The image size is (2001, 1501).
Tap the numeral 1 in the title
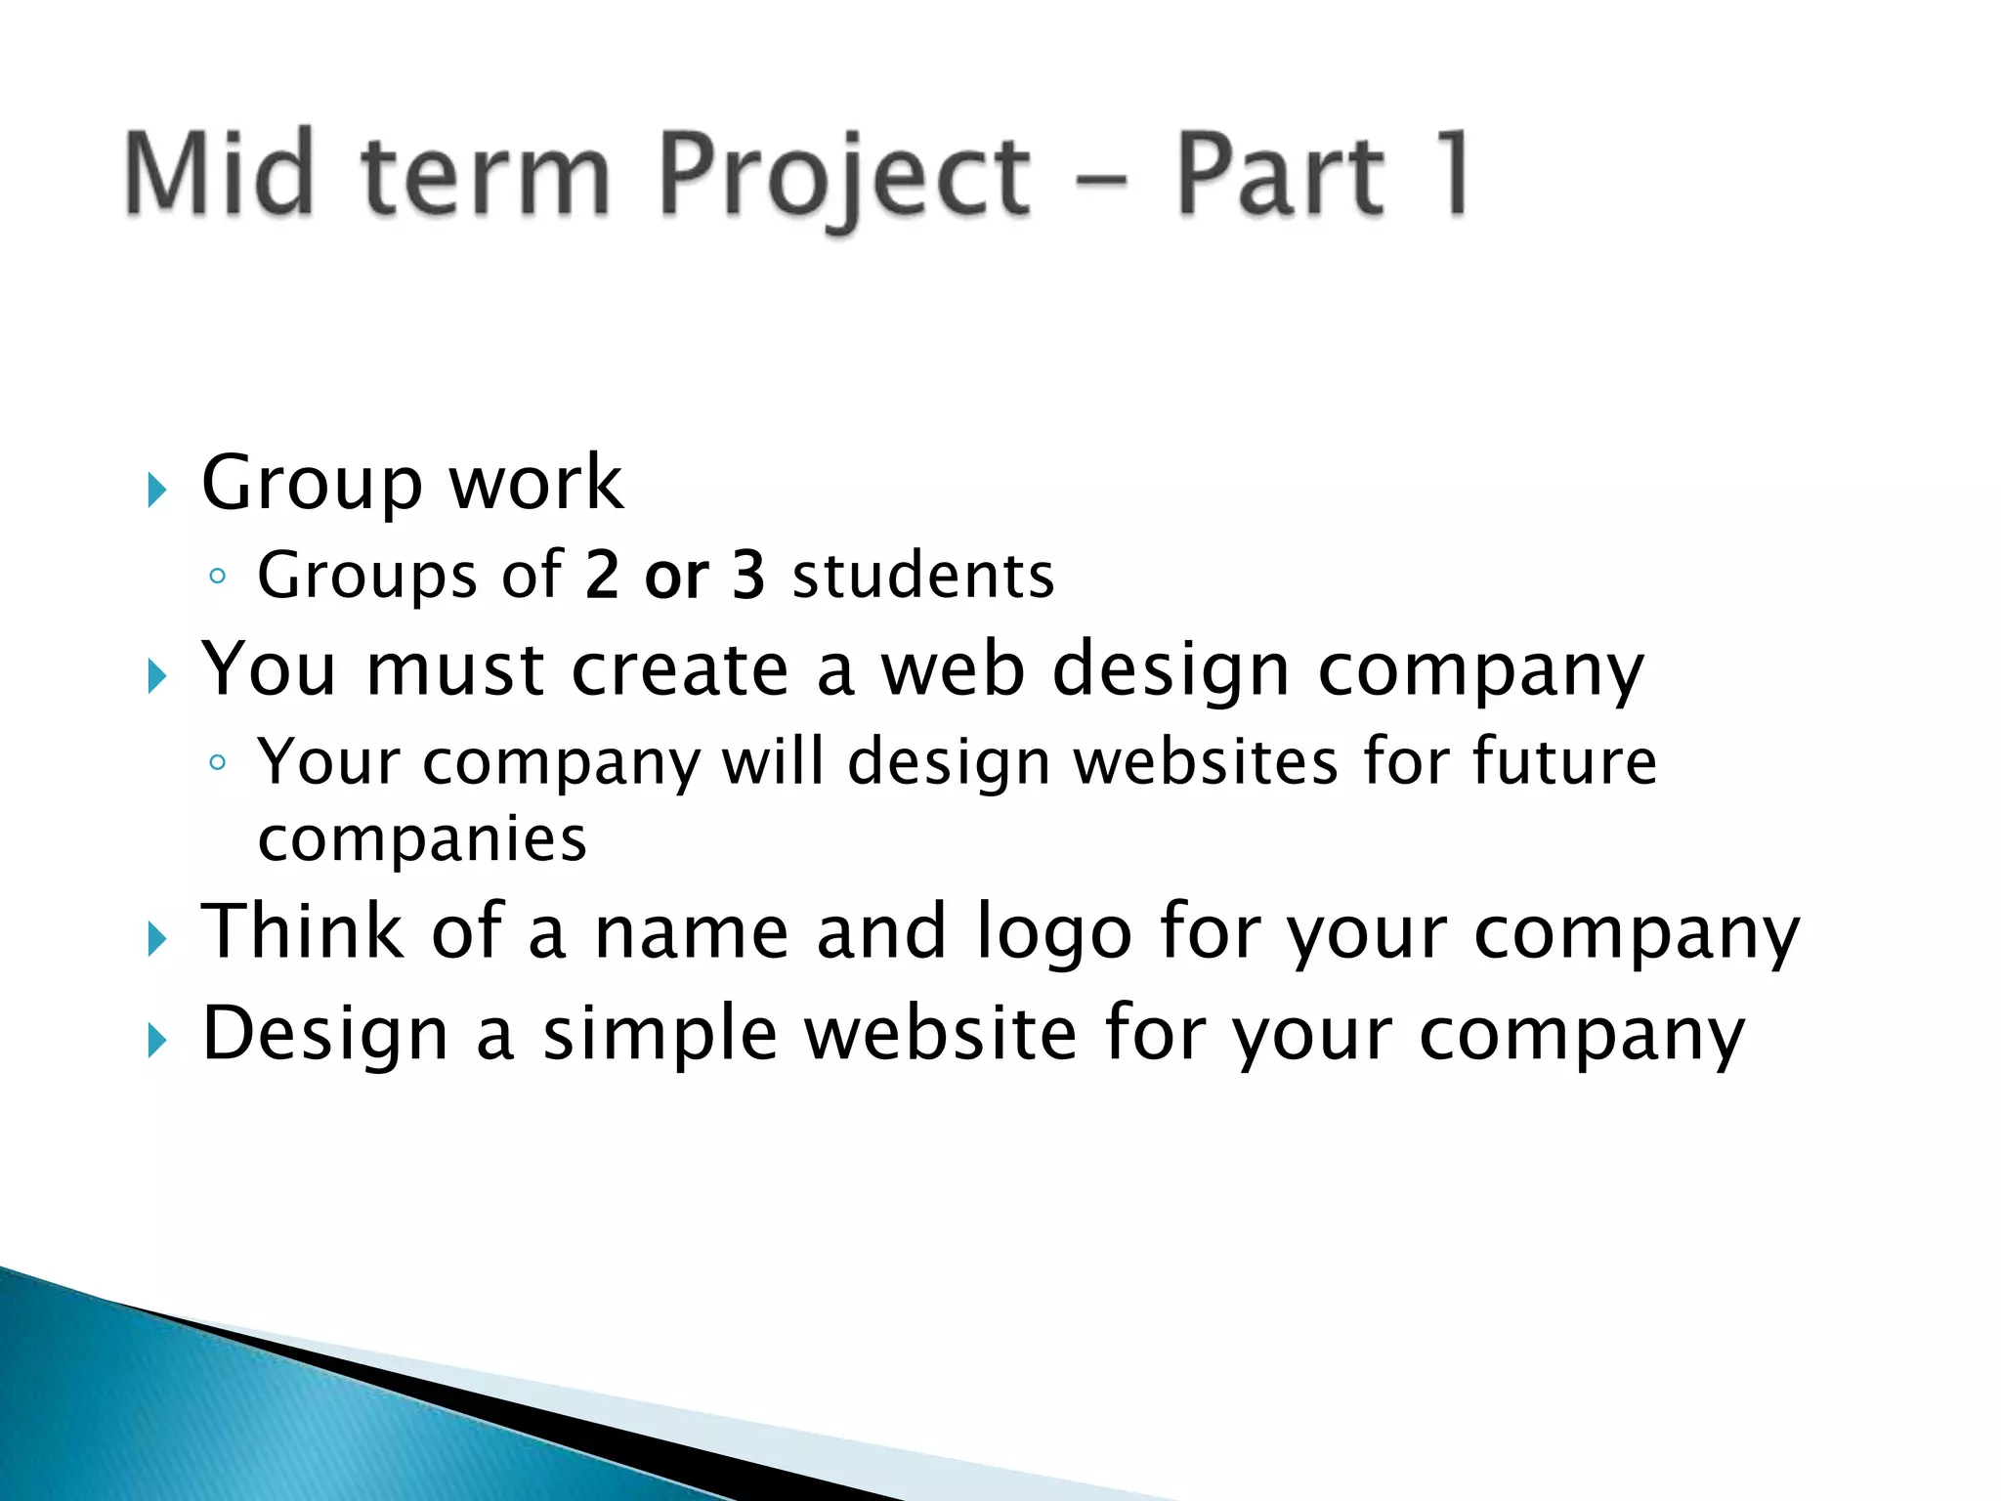coord(1449,174)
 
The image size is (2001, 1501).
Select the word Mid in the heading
coord(220,174)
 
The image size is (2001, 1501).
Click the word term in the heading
coord(486,176)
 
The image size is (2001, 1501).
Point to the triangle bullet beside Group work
coord(157,490)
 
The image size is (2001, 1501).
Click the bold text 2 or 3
coord(675,575)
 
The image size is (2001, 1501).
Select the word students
coord(923,575)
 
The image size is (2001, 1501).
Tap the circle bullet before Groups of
coord(218,576)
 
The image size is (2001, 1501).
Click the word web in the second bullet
coord(953,669)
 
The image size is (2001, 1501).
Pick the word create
coord(680,669)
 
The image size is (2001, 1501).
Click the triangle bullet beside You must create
coord(157,676)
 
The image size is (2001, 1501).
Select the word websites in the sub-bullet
coord(1206,761)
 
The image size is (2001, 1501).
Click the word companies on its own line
coord(422,839)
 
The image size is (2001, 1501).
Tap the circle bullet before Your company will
coord(218,762)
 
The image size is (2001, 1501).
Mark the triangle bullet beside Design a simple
coord(157,1041)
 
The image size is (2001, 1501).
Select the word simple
coord(660,1034)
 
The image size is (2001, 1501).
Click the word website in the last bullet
coord(940,1034)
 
